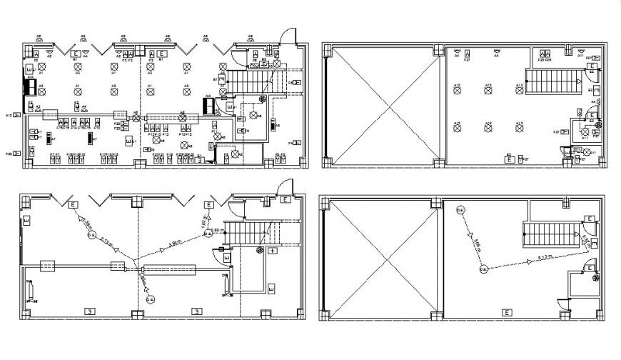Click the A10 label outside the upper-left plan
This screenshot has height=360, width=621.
[11, 115]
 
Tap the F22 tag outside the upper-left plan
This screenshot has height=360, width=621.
[11, 154]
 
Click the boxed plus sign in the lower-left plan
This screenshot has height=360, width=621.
[273, 251]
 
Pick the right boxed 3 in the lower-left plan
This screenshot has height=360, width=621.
[196, 311]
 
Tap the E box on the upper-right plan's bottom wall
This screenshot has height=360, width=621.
[510, 161]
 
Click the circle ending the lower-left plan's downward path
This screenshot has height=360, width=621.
[150, 300]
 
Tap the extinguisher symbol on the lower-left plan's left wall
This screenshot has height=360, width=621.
[30, 290]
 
